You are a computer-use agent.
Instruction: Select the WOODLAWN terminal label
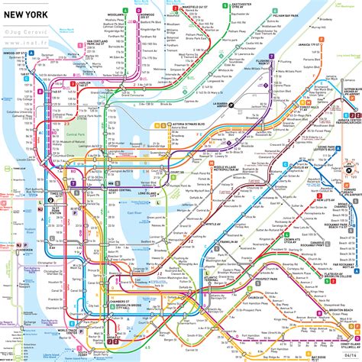[x=116, y=15]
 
